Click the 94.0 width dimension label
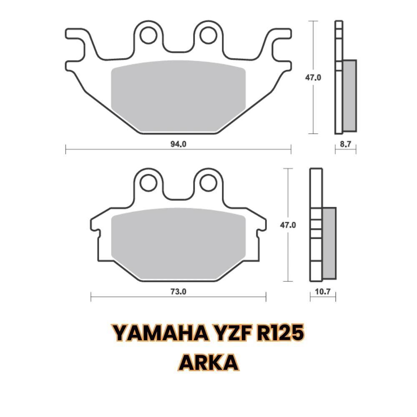coord(178,144)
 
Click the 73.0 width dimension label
coord(178,292)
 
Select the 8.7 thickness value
coord(346,144)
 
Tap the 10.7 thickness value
coord(323,292)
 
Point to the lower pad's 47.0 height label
coord(288,225)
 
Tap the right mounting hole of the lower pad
coord(207,182)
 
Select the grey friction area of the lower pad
coord(178,242)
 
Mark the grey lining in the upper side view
coord(349,95)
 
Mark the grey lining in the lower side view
coord(329,243)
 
